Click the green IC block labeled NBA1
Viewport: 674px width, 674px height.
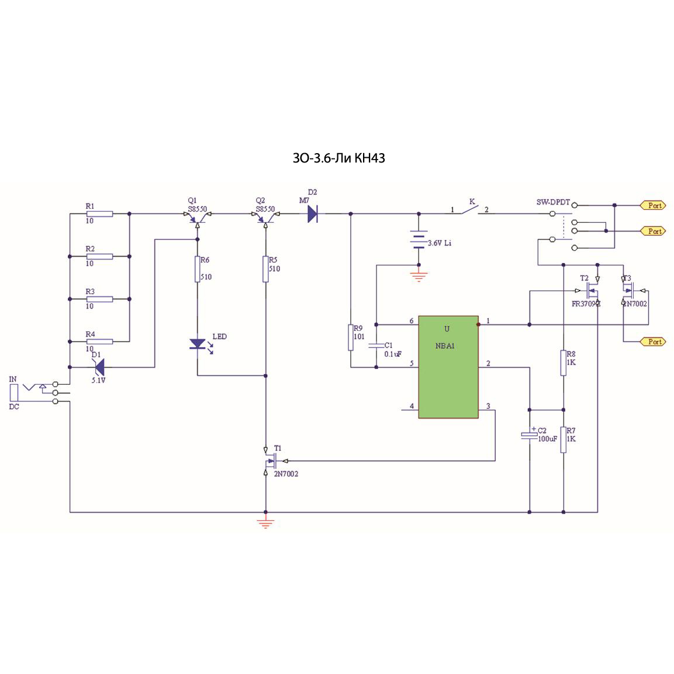pos(448,367)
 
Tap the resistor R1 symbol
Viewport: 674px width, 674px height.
pos(99,214)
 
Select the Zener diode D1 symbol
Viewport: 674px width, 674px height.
pos(99,367)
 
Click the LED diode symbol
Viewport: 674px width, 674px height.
pos(198,344)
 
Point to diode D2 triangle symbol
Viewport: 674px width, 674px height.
pos(312,214)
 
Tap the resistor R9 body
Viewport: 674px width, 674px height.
pos(351,337)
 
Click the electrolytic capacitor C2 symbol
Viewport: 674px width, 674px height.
pos(530,435)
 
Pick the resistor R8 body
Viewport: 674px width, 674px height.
pos(564,362)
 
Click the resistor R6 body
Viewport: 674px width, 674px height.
pos(198,269)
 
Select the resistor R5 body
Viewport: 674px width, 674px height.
pos(266,269)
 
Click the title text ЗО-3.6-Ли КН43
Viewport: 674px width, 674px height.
pos(338,158)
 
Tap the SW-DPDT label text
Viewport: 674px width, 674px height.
pos(553,202)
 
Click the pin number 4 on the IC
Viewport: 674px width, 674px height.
pos(412,406)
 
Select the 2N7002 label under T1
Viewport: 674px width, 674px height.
pos(286,474)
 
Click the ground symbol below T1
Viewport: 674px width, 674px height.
pos(266,523)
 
